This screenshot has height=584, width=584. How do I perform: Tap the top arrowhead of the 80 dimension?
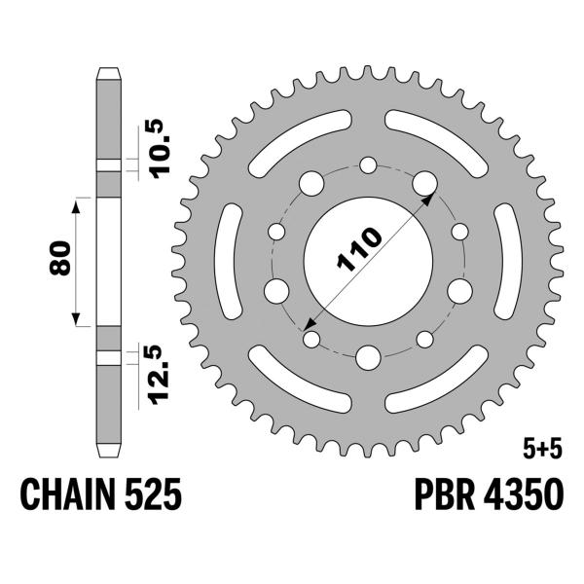point(76,201)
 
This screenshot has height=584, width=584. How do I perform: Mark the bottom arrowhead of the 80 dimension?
point(76,321)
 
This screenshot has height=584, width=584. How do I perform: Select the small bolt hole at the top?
point(368,166)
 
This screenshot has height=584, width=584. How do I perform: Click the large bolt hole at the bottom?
point(368,356)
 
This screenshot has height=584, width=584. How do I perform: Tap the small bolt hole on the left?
point(275,232)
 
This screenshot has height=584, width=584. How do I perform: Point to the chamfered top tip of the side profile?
point(110,73)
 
